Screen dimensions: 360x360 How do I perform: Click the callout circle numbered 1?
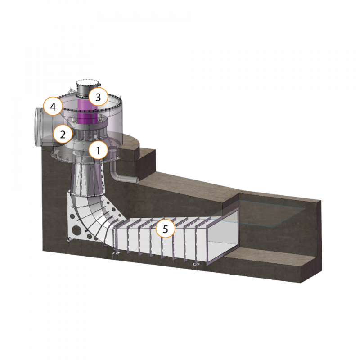[x=98, y=150]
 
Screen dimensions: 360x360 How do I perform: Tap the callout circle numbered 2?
[x=63, y=134]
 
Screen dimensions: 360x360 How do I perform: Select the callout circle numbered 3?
[x=98, y=97]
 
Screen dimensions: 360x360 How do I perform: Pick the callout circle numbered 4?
[x=53, y=106]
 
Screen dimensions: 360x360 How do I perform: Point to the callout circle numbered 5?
[x=165, y=229]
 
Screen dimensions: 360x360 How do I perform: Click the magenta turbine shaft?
[x=87, y=111]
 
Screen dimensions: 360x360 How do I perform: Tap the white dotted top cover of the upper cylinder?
[x=87, y=83]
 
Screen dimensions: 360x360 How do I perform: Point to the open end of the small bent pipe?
[x=137, y=180]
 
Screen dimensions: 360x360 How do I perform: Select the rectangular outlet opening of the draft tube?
[x=222, y=237]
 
